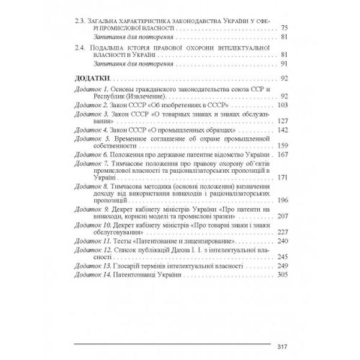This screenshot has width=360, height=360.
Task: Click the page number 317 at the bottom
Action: point(284,345)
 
